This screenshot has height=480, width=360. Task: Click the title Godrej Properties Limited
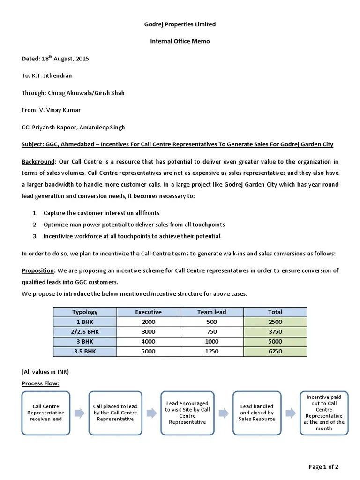coord(180,24)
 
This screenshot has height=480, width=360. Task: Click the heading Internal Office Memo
coord(180,41)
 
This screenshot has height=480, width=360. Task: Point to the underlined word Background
coord(38,162)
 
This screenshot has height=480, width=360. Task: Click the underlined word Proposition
coord(38,270)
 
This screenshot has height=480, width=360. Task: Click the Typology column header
coord(85,312)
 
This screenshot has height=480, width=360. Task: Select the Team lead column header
coord(212,312)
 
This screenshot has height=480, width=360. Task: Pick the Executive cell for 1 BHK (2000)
coord(148,322)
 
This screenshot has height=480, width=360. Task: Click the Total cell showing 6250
coord(275,351)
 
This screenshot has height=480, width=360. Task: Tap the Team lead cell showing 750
coord(212,331)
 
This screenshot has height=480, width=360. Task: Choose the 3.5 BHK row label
coord(85,351)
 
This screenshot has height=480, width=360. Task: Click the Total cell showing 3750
coord(275,331)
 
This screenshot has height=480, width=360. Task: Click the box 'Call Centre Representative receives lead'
coord(46,412)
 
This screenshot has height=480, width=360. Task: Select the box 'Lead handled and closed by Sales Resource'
coord(256,412)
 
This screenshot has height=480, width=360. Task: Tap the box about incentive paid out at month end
coord(324,412)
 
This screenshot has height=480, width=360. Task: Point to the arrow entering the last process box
coord(290,412)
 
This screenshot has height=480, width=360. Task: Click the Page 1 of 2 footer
coord(323,466)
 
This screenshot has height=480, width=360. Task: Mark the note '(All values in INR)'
coord(45,371)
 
